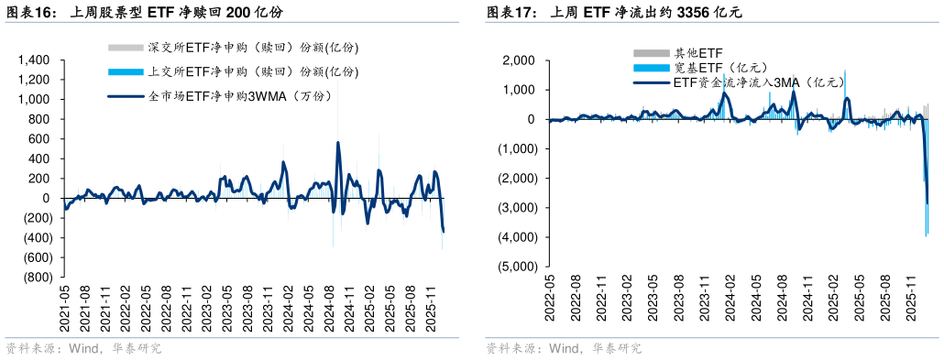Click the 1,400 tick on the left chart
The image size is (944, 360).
pyautogui.click(x=34, y=60)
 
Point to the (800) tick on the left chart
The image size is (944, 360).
pyautogui.click(x=36, y=278)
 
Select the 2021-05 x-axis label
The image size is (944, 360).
pyautogui.click(x=65, y=308)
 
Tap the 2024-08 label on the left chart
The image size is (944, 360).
pyautogui.click(x=328, y=308)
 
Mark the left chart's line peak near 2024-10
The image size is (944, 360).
pyautogui.click(x=338, y=143)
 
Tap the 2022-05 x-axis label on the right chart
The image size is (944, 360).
pyautogui.click(x=550, y=296)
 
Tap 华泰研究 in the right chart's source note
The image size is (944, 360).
pyautogui.click(x=616, y=348)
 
